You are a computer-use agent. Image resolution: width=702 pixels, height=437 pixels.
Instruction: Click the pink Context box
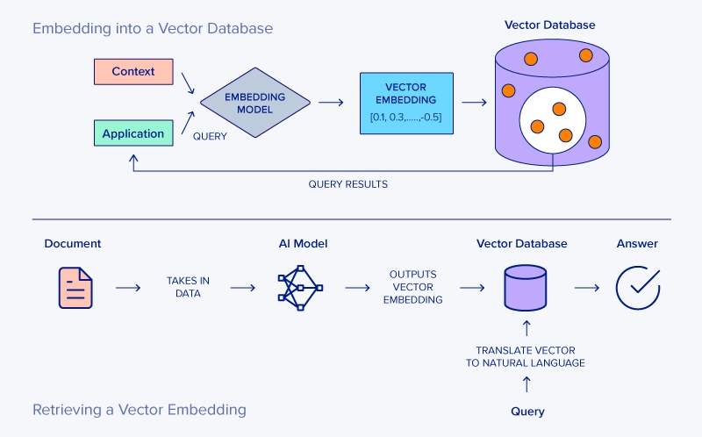click(133, 71)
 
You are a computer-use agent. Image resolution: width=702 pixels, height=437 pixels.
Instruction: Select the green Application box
click(133, 133)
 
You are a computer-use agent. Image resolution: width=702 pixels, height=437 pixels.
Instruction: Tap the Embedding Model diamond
click(254, 103)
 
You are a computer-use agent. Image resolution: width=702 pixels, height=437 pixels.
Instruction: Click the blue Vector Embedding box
click(406, 103)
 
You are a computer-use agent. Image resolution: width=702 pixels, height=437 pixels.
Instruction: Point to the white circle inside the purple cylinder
click(552, 122)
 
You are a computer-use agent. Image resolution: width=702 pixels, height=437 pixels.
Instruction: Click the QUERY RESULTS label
click(347, 184)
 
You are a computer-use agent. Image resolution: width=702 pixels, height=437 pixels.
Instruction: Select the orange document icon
click(75, 287)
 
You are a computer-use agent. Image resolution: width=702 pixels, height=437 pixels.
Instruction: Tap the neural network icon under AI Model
click(299, 287)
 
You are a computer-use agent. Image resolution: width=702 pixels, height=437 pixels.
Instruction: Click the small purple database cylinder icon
click(526, 288)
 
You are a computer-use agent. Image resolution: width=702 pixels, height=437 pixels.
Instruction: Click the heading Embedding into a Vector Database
click(153, 28)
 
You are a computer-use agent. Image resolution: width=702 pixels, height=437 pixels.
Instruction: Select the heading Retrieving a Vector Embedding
click(139, 410)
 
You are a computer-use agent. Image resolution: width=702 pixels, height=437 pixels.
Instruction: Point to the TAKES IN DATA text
click(188, 287)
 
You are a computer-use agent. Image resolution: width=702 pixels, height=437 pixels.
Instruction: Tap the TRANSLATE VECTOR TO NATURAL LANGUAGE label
click(525, 355)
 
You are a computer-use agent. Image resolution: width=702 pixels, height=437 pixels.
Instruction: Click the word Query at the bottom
click(527, 411)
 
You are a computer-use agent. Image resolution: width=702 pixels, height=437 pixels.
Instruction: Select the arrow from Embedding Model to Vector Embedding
click(331, 103)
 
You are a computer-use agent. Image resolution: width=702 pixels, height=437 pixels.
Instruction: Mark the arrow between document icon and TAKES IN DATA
click(128, 287)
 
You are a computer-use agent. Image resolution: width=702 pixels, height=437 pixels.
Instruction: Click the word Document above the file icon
click(73, 243)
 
